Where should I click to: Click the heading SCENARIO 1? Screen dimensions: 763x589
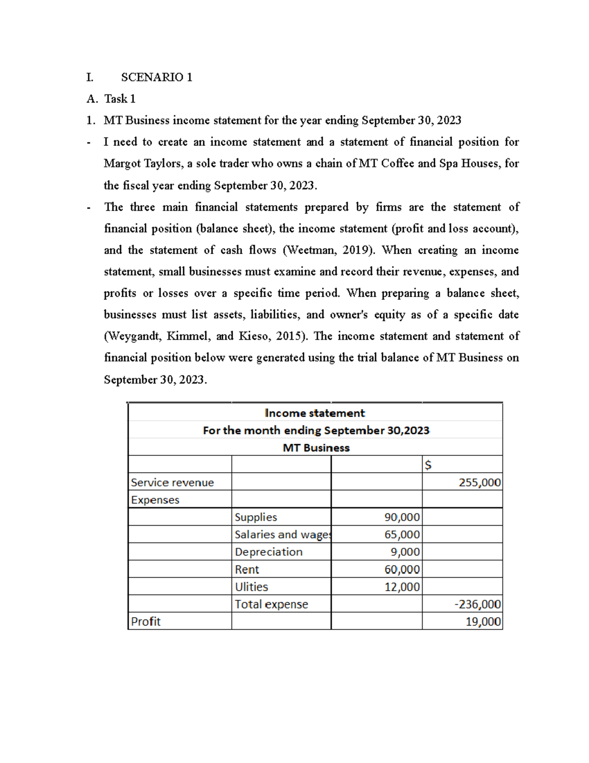tap(157, 77)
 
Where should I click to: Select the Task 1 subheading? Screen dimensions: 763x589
tap(120, 99)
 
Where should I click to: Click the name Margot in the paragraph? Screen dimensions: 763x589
tap(120, 164)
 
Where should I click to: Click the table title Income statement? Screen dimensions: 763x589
tap(315, 413)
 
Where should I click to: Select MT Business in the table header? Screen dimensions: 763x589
tap(316, 448)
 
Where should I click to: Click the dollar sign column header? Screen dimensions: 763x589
tap(428, 465)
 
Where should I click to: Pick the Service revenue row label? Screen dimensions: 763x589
tap(172, 482)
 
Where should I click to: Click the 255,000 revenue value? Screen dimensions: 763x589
tap(480, 482)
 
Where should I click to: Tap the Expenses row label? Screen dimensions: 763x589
tap(155, 500)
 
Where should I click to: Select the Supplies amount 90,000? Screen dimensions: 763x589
tap(402, 517)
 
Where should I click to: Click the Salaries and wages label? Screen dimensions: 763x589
tap(282, 535)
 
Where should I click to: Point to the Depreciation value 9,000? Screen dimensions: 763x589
tap(405, 552)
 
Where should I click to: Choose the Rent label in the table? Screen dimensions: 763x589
tap(247, 569)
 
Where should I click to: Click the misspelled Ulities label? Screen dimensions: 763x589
tap(251, 587)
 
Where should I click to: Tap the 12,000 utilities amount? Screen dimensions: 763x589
tap(402, 587)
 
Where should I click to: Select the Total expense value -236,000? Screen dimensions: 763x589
tap(477, 604)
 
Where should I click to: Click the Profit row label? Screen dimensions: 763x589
tap(146, 622)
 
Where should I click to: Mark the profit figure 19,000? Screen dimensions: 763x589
tap(483, 622)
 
